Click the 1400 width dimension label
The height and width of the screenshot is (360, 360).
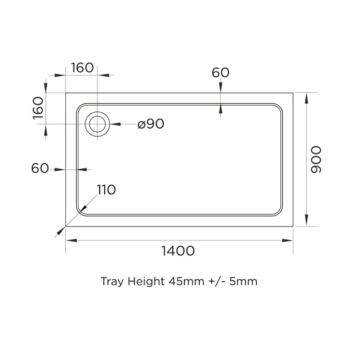click(178, 251)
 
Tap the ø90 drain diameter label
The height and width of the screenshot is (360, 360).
click(151, 124)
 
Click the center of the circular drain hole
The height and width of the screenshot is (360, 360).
click(97, 124)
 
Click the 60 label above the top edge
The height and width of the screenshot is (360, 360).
click(220, 72)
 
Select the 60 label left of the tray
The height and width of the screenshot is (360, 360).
click(40, 168)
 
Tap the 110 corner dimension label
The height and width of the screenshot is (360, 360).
click(106, 190)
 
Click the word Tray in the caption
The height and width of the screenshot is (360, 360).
click(112, 281)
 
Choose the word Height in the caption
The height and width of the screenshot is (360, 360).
click(146, 281)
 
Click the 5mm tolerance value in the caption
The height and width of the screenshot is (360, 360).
click(243, 281)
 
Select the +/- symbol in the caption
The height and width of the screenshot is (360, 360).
click(218, 281)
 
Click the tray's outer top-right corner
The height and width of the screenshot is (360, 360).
click(293, 93)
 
